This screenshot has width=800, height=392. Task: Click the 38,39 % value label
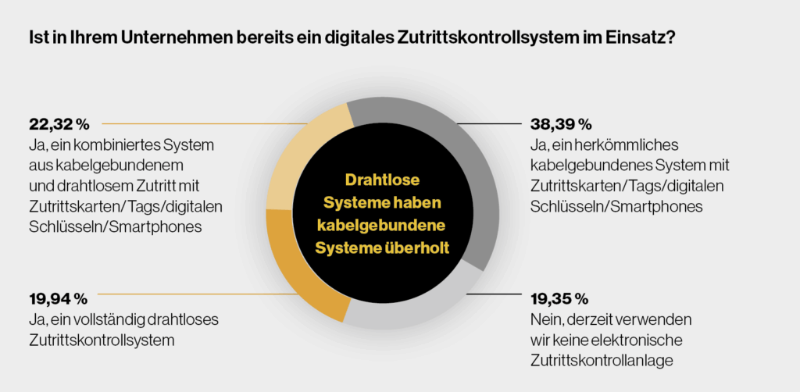click(x=560, y=124)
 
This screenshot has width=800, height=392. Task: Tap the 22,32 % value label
click(x=59, y=124)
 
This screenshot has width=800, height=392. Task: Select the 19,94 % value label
click(x=58, y=299)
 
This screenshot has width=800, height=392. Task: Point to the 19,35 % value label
click(x=559, y=299)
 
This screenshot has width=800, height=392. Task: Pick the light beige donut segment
click(x=297, y=156)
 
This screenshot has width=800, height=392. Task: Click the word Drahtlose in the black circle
click(x=380, y=180)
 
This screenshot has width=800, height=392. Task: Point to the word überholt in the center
click(x=427, y=248)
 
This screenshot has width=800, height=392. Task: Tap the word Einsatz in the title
click(x=638, y=37)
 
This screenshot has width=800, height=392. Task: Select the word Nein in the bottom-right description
click(x=545, y=320)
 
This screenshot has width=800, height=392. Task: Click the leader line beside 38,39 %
click(x=487, y=124)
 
